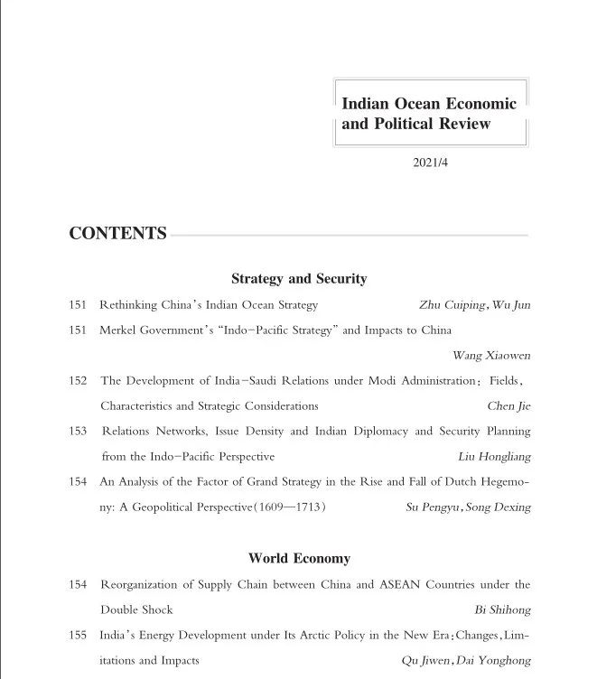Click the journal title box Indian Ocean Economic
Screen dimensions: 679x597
pyautogui.click(x=429, y=114)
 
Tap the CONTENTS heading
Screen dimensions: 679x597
pyautogui.click(x=117, y=234)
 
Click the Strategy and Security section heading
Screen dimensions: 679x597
pyautogui.click(x=299, y=279)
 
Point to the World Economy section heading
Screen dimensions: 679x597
pyautogui.click(x=299, y=559)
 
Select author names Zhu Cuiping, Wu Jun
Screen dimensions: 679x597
pyautogui.click(x=475, y=305)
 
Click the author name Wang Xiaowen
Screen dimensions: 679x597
pyautogui.click(x=491, y=356)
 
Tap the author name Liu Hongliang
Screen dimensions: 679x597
pyautogui.click(x=494, y=457)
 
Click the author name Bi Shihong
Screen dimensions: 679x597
pyautogui.click(x=502, y=609)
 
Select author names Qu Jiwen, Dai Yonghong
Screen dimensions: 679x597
pyautogui.click(x=466, y=661)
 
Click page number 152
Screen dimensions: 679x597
pyautogui.click(x=78, y=381)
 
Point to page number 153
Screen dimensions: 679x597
pyautogui.click(x=78, y=432)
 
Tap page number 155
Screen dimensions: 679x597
pyautogui.click(x=78, y=636)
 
